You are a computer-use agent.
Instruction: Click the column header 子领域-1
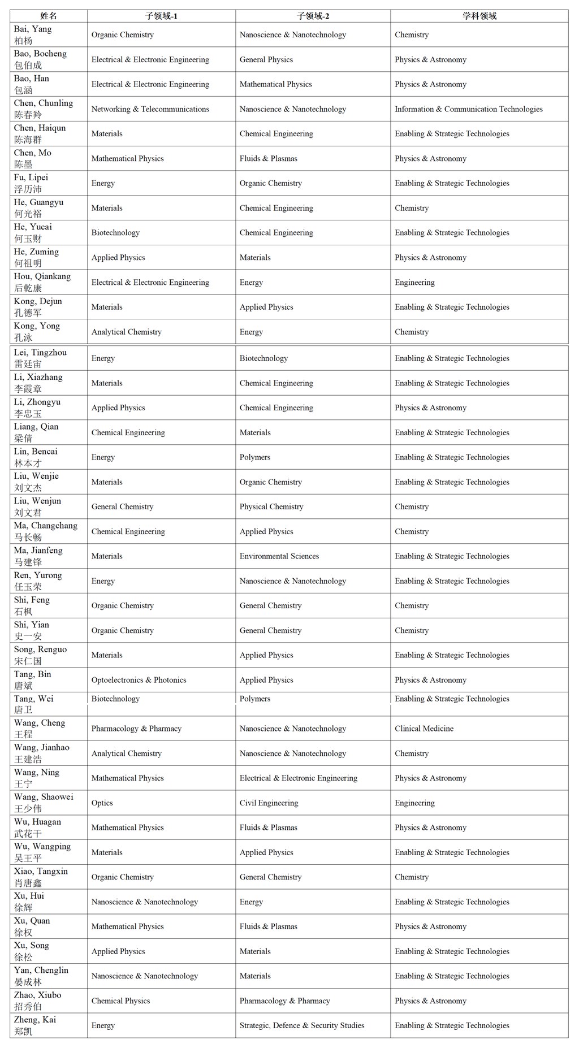coord(162,16)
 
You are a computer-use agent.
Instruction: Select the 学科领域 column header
coord(479,16)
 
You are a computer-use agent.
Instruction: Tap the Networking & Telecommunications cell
coord(150,109)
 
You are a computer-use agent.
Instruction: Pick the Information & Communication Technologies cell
coord(468,109)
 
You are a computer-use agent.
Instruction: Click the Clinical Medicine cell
coord(424,729)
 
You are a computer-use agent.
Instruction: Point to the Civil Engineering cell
coord(269,803)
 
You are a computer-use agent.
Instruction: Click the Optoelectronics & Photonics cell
coord(139,680)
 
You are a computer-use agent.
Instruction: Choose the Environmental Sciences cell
coord(279,556)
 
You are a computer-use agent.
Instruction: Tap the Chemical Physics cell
coord(121,1000)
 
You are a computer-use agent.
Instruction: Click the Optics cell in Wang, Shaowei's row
coord(102,803)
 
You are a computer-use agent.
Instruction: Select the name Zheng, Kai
coord(35,1025)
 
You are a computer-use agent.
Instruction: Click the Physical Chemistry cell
coord(271,506)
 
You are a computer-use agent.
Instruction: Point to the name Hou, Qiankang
coord(42,282)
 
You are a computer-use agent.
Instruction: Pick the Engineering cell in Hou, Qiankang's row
coord(414,282)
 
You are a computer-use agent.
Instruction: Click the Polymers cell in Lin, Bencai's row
coord(255,457)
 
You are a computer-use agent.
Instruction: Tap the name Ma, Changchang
coord(45,531)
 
